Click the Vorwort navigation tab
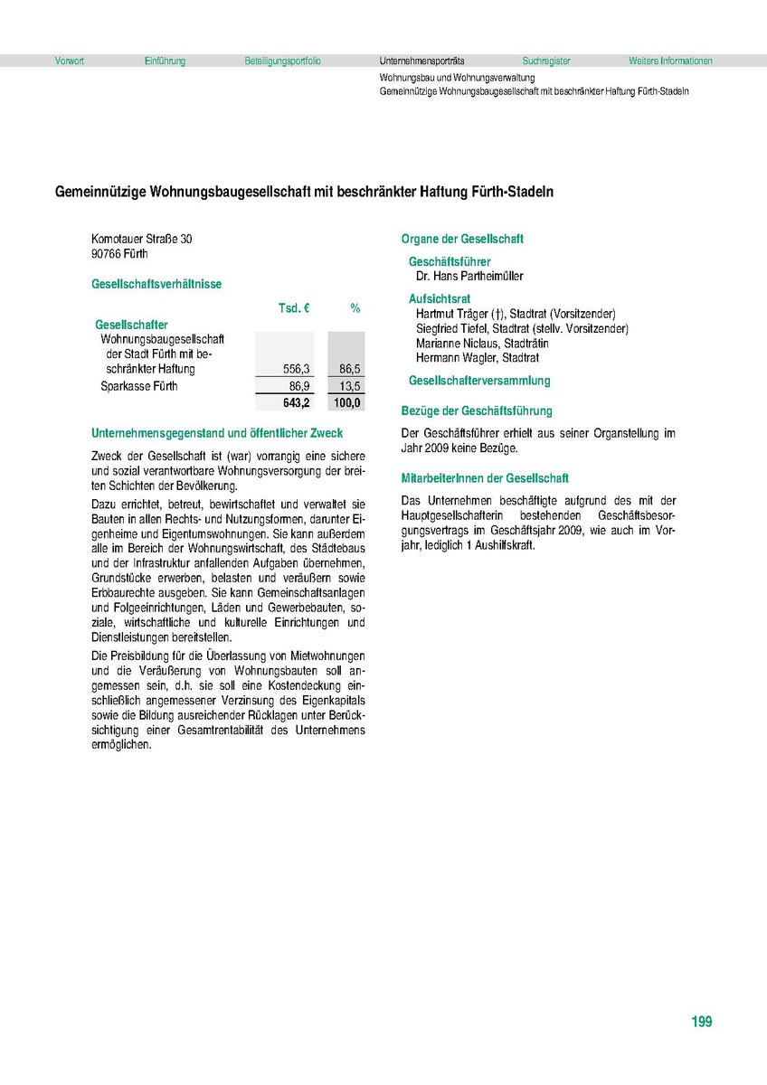[x=69, y=61]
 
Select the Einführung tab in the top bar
[x=165, y=61]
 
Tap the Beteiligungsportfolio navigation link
[x=282, y=61]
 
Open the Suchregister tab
[x=546, y=61]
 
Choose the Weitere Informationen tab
[x=670, y=61]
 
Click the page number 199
[x=701, y=1022]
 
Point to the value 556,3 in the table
[x=297, y=369]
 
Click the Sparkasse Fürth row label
[x=139, y=386]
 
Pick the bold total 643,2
[x=297, y=402]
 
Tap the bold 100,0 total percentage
[x=347, y=402]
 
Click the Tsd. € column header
[x=294, y=308]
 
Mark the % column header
[x=355, y=308]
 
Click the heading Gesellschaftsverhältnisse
[x=156, y=284]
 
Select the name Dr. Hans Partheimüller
[x=469, y=276]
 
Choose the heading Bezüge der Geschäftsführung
[x=477, y=410]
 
